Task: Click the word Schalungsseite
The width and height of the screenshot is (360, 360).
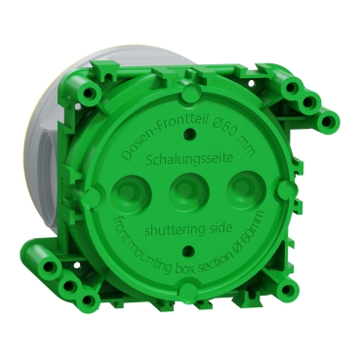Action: [x=180, y=157]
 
